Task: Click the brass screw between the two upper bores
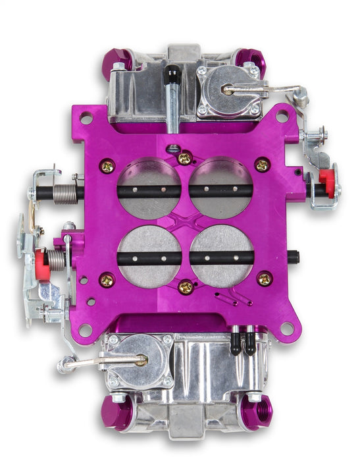(186, 157)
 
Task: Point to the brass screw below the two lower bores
(187, 286)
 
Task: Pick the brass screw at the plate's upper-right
(262, 165)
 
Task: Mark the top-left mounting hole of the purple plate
(86, 119)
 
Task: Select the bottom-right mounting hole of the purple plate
(286, 327)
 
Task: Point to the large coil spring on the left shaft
(63, 194)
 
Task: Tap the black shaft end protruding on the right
(296, 256)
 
